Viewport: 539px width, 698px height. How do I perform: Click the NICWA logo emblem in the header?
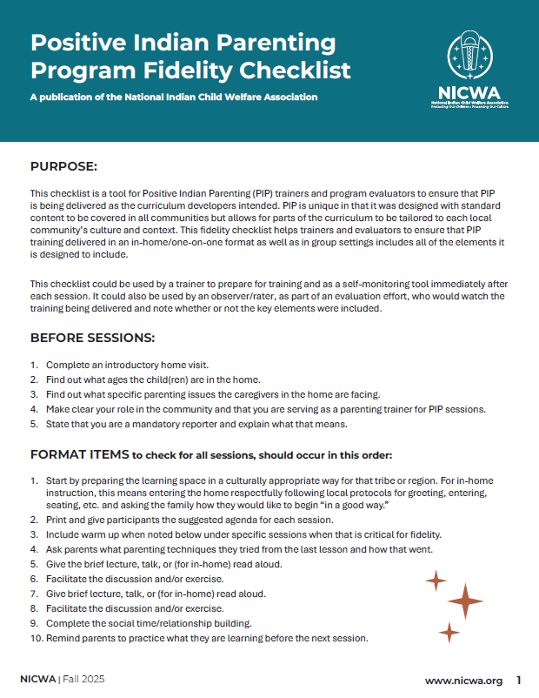click(x=473, y=57)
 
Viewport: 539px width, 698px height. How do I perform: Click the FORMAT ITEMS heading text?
click(x=78, y=454)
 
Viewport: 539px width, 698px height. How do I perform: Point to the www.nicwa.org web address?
click(x=463, y=681)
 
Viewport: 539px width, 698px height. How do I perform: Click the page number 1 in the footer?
click(x=519, y=681)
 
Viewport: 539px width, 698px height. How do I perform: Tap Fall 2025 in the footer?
click(x=85, y=681)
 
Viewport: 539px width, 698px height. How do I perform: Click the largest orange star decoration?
click(x=464, y=601)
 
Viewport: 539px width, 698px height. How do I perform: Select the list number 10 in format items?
click(x=36, y=638)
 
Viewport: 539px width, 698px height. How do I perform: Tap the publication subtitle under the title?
click(x=174, y=97)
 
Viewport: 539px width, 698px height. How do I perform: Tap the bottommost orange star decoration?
click(x=449, y=632)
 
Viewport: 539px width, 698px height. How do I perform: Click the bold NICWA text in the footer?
click(x=38, y=681)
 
